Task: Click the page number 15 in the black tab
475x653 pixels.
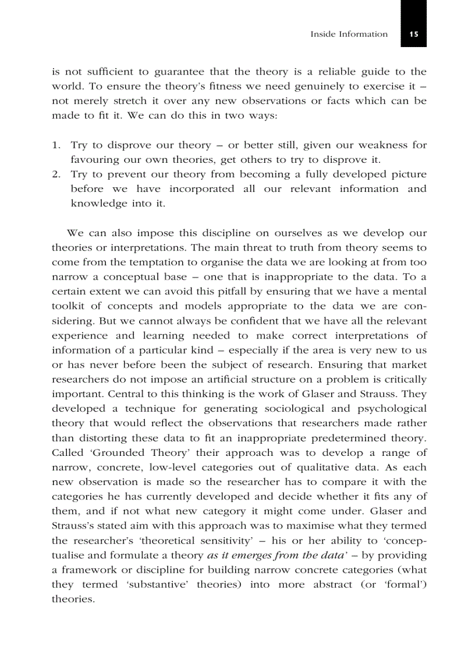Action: coord(413,34)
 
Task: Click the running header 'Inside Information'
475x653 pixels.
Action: coord(349,34)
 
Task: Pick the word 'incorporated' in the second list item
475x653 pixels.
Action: coord(201,188)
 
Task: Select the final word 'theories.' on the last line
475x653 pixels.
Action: coord(73,599)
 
